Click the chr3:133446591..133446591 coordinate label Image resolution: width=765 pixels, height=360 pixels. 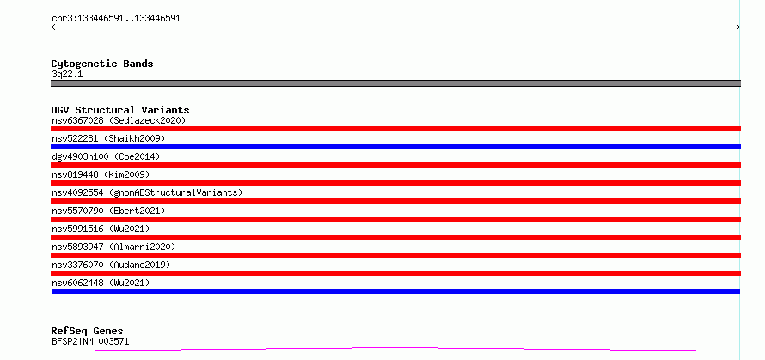[x=116, y=19]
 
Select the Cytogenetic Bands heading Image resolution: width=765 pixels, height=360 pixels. [x=102, y=64]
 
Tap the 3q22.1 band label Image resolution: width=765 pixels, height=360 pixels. [x=67, y=75]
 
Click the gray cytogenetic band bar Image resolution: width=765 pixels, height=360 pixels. [x=395, y=83]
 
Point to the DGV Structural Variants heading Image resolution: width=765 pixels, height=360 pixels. [x=120, y=110]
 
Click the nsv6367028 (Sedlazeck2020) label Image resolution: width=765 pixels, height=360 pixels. [x=119, y=120]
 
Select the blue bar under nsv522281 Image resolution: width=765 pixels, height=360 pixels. [x=395, y=147]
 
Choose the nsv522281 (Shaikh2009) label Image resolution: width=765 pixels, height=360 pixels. [x=108, y=138]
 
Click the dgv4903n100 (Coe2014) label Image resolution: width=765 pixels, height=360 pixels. [x=106, y=156]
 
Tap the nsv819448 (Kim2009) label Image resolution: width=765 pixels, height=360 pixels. [x=101, y=174]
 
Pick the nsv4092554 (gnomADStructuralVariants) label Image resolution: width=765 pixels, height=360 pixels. [x=147, y=192]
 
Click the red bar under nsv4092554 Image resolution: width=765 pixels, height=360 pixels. [x=395, y=201]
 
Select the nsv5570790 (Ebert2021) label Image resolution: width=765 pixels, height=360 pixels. [x=108, y=211]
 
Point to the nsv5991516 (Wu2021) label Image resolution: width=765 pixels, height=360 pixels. [x=101, y=229]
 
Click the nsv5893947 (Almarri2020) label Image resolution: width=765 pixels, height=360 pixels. [x=113, y=247]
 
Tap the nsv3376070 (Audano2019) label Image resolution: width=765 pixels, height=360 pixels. [x=111, y=265]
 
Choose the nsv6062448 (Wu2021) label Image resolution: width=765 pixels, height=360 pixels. [x=101, y=283]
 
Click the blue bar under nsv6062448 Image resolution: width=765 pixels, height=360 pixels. [x=395, y=291]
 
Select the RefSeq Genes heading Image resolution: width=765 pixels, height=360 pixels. [x=87, y=332]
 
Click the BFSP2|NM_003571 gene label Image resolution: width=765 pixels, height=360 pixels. [x=90, y=341]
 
